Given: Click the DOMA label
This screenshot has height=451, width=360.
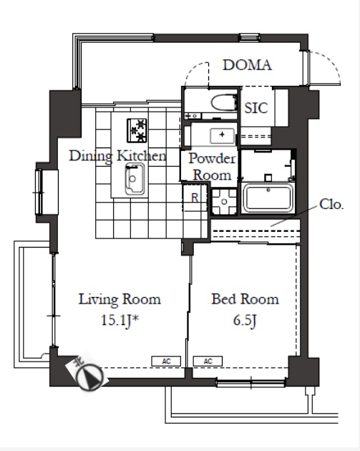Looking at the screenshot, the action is click(247, 65).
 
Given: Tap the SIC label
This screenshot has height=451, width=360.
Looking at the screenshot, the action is click(256, 108).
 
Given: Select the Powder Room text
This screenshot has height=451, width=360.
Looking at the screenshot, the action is click(212, 167).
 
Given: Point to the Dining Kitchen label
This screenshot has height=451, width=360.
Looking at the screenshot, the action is click(117, 156).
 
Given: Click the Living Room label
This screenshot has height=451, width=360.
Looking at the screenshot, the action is click(120, 299).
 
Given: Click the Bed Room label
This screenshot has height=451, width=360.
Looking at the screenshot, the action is click(245, 299).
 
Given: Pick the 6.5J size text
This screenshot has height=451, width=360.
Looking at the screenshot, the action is click(245, 321).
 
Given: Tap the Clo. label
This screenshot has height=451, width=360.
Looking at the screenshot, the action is click(331, 205).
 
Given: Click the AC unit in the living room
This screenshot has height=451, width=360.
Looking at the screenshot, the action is click(166, 362).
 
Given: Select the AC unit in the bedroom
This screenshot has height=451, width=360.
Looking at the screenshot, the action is click(208, 362).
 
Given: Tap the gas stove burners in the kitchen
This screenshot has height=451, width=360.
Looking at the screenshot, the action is click(137, 130).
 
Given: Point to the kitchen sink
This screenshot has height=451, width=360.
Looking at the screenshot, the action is click(135, 179).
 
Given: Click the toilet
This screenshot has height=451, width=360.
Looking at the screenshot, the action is click(224, 102).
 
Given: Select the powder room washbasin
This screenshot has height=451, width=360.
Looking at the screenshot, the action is click(222, 136).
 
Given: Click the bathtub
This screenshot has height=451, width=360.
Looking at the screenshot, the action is click(268, 198).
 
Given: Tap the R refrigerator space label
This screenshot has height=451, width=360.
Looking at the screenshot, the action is click(195, 198).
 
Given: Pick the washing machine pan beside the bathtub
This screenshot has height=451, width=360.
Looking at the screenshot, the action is click(224, 201).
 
